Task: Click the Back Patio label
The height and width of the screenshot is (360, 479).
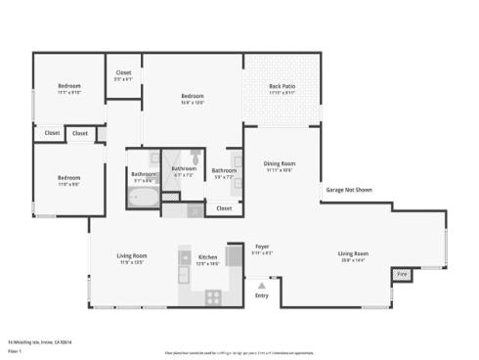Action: (x=282, y=85)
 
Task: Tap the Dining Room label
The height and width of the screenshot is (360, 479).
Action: (x=280, y=163)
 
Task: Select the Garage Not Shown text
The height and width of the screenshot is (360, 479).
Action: (x=348, y=190)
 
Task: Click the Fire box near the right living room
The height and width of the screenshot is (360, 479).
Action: (x=401, y=275)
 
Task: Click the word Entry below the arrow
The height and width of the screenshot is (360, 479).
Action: (x=261, y=294)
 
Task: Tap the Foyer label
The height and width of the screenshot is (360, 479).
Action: (x=262, y=246)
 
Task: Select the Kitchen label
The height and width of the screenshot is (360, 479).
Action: (x=207, y=256)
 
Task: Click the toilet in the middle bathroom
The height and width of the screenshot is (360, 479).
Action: (x=196, y=157)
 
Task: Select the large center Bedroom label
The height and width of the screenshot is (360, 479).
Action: (x=192, y=96)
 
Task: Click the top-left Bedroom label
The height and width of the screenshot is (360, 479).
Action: (x=68, y=86)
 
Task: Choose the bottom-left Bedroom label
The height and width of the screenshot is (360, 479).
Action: (x=68, y=177)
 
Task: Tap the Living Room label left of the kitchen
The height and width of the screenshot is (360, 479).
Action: (x=131, y=256)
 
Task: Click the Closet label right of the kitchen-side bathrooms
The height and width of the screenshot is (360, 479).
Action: (x=224, y=207)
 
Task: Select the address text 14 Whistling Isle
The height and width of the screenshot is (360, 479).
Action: (x=40, y=341)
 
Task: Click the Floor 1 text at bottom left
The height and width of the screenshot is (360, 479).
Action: (x=15, y=349)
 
